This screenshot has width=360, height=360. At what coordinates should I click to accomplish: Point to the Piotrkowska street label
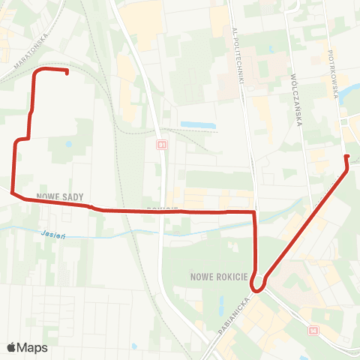pyautogui.click(x=334, y=70)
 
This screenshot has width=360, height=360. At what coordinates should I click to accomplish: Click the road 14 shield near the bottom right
pyautogui.click(x=313, y=329)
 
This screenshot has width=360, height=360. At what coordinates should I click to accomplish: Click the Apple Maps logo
pyautogui.click(x=26, y=347)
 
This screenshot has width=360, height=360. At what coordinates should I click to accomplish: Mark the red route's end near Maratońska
pyautogui.click(x=67, y=73)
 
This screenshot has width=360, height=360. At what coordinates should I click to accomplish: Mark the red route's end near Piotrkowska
pyautogui.click(x=346, y=156)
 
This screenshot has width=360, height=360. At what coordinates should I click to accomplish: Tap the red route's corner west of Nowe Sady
pyautogui.click(x=13, y=193)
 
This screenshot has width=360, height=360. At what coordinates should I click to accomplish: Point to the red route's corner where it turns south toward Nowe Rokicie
pyautogui.click(x=255, y=213)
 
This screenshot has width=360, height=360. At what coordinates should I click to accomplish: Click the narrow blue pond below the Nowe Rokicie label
pyautogui.click(x=221, y=305)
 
